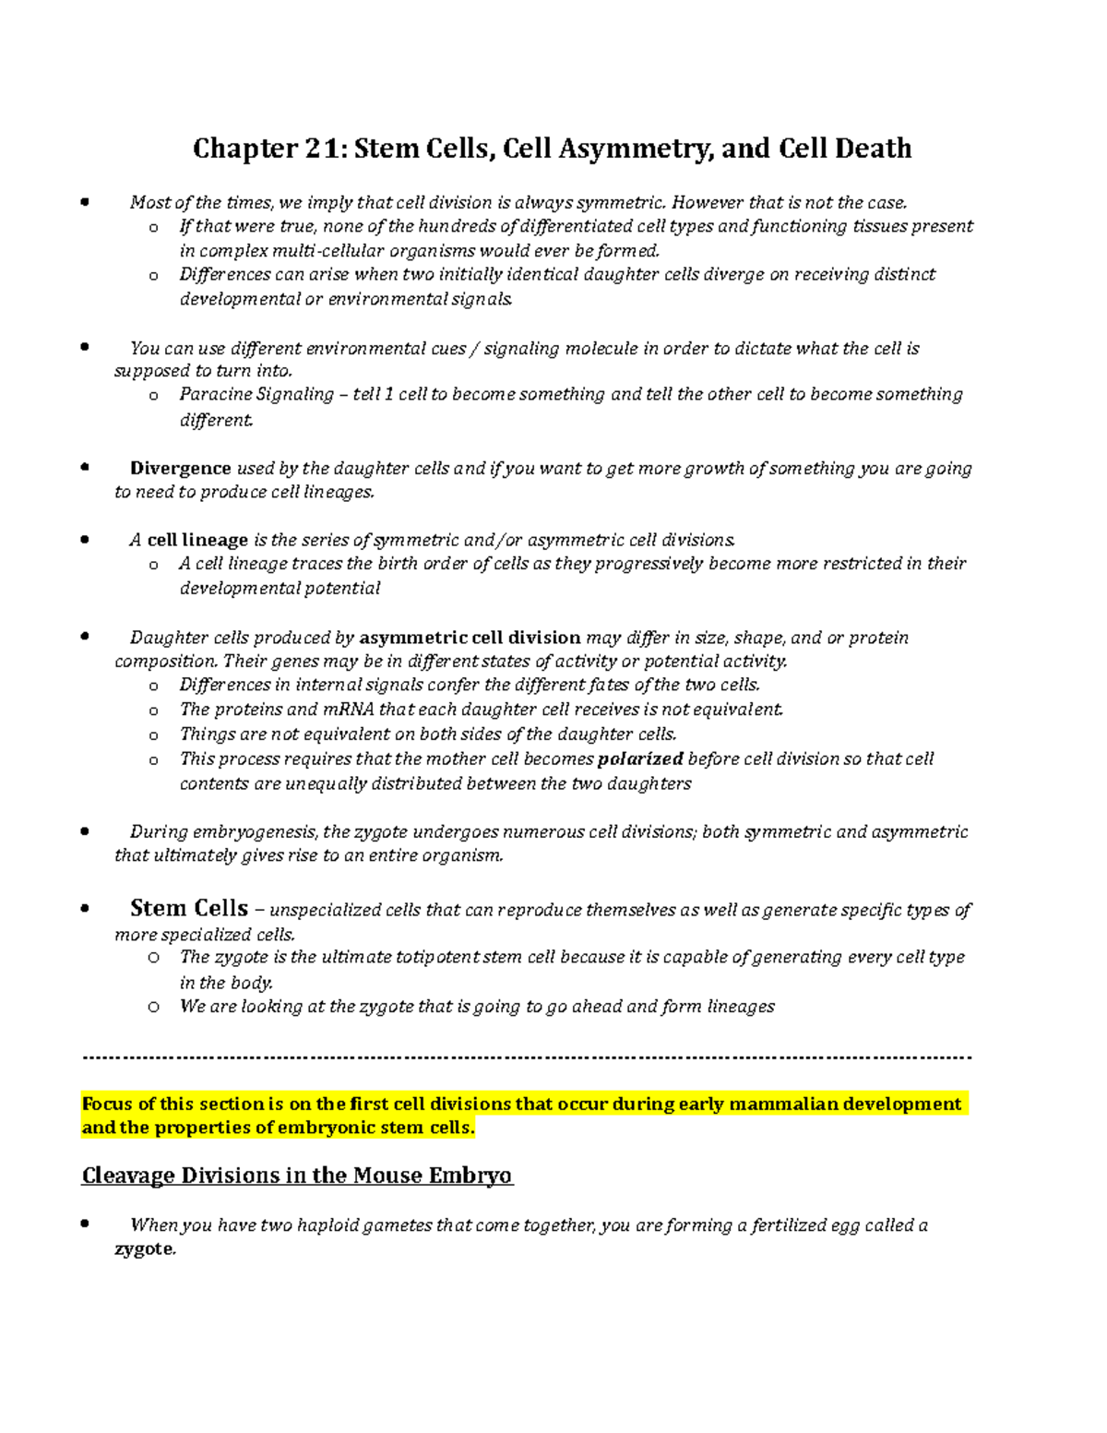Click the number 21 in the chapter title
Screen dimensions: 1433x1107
click(323, 149)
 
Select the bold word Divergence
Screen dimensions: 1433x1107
click(181, 468)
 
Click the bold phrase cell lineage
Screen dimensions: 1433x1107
click(197, 540)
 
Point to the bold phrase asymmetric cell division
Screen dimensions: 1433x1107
click(470, 638)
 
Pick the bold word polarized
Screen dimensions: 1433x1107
click(640, 759)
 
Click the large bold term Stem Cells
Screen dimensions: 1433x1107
click(189, 908)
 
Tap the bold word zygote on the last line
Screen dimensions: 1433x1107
click(143, 1249)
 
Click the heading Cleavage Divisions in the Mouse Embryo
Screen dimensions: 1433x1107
click(297, 1176)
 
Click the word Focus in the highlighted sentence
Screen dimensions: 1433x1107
click(107, 1105)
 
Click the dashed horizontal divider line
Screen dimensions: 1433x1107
click(527, 1057)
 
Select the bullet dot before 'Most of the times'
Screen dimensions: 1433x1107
click(85, 202)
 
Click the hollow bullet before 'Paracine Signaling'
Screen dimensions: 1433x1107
click(153, 396)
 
